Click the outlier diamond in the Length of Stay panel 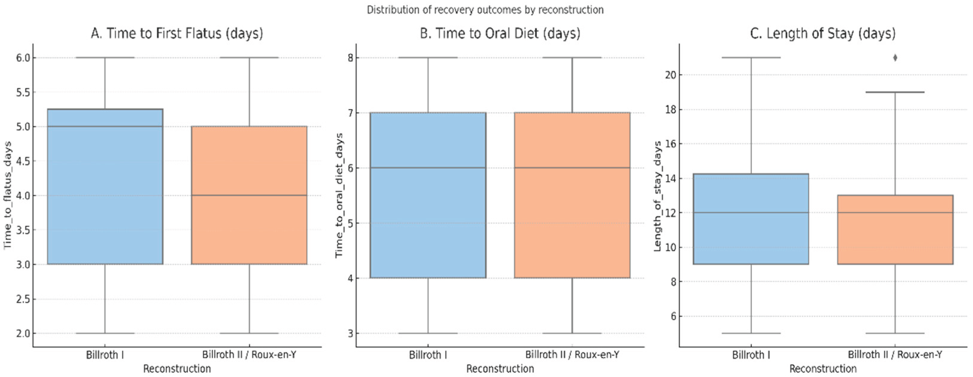[x=895, y=58]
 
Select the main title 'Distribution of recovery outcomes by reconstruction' [x=485, y=10]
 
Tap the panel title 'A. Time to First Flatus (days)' [x=177, y=33]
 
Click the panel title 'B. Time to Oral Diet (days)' [x=500, y=33]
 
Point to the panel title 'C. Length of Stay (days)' [x=823, y=33]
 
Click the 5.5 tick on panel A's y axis [x=23, y=92]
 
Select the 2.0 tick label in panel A [x=23, y=334]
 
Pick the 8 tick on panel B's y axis [x=350, y=58]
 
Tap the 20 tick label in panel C [x=670, y=75]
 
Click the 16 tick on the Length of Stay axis [x=670, y=144]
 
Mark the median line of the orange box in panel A [x=249, y=195]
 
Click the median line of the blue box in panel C [x=751, y=212]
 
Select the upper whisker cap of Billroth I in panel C [x=751, y=58]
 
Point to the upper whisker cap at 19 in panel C [x=895, y=92]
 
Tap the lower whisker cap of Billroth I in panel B [x=428, y=334]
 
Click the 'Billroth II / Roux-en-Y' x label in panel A [x=249, y=355]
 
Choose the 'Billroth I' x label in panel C [x=751, y=355]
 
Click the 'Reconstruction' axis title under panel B [x=500, y=369]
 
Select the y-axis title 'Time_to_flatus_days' [x=7, y=195]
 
